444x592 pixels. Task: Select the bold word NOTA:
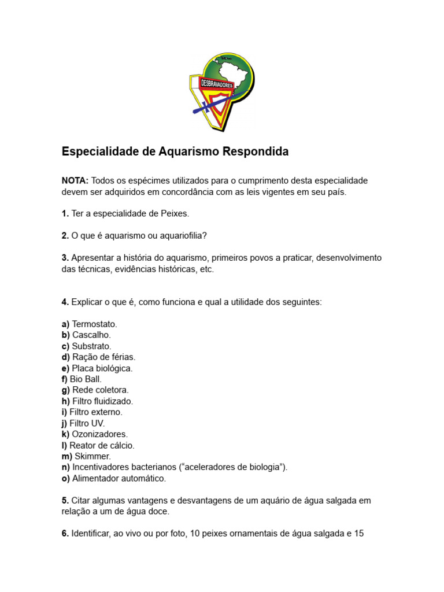[x=75, y=181]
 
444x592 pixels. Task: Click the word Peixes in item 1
[x=176, y=214]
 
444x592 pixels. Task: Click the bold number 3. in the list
[x=65, y=258]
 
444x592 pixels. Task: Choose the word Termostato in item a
[x=94, y=324]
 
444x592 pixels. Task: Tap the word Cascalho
[x=91, y=335]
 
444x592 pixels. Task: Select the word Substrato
[x=91, y=346]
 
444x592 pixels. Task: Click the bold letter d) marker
[x=66, y=357]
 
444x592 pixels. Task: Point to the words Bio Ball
[x=86, y=379]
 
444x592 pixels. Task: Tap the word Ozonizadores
[x=100, y=434]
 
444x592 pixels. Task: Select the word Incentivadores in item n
[x=98, y=467]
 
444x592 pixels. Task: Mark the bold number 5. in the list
[x=65, y=501]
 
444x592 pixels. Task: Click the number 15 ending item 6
[x=358, y=534]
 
